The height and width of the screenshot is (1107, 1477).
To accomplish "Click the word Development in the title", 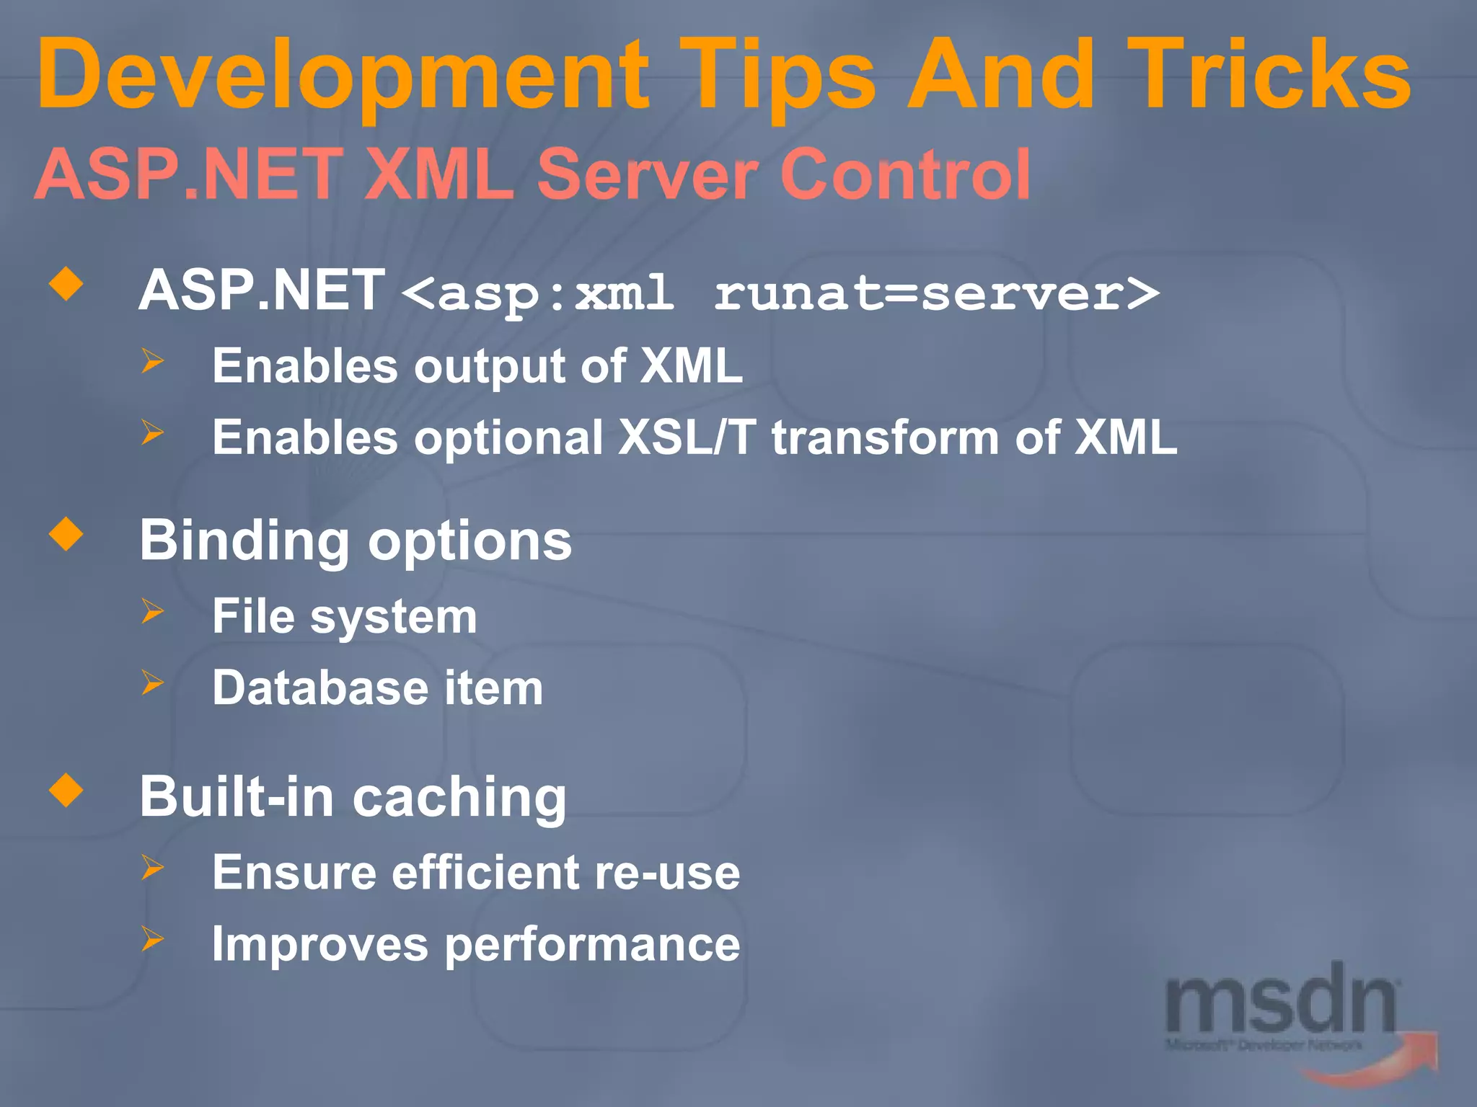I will point(343,76).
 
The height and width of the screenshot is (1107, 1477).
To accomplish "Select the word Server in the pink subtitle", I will point(646,175).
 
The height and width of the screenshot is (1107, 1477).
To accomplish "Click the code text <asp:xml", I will point(537,294).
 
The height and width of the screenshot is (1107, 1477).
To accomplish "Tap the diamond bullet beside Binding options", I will point(66,534).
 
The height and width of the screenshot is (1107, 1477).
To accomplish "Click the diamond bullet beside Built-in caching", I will point(66,791).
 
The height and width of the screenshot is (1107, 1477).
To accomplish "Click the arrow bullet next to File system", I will point(153,610).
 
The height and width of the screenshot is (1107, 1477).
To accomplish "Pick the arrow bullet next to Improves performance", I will point(153,938).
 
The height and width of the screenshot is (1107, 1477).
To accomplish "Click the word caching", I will point(459,799).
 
